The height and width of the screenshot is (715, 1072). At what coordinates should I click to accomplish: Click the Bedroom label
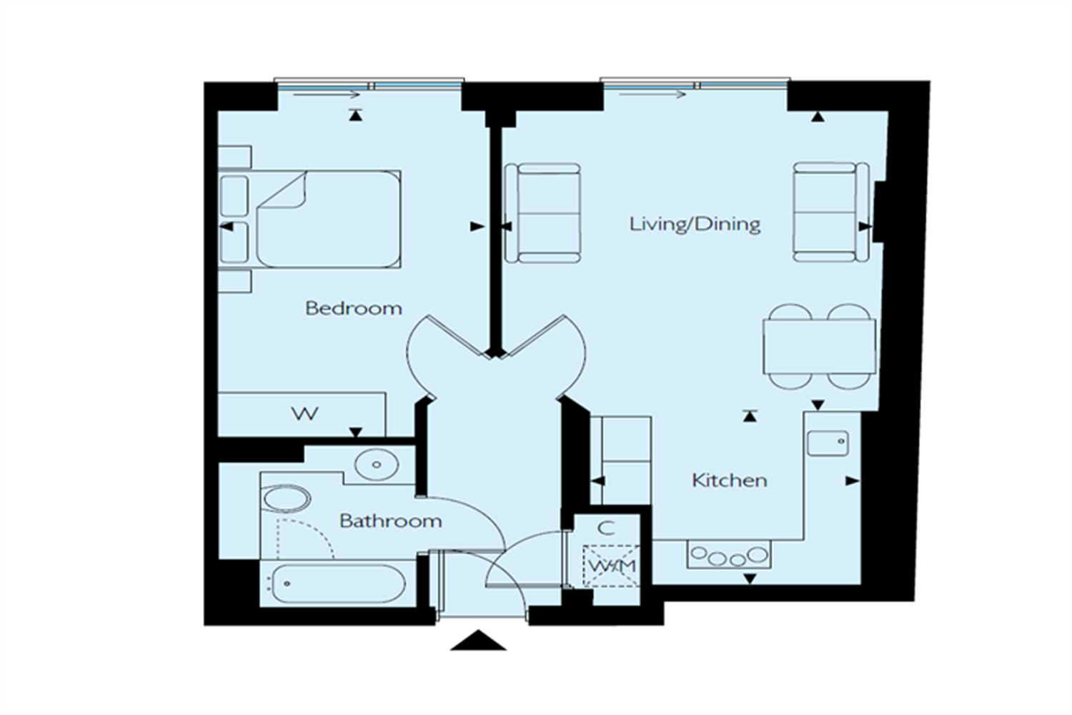tap(353, 308)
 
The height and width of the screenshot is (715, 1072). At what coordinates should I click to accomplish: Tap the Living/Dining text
tap(694, 224)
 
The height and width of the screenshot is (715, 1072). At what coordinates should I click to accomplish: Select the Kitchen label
tap(729, 480)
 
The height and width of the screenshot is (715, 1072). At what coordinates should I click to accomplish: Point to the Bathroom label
tap(390, 521)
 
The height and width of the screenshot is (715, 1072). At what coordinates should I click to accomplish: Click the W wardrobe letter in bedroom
tap(304, 414)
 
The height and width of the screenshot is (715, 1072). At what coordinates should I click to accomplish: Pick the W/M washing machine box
tap(610, 566)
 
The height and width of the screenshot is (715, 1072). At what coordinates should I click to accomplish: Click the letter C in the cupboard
tap(605, 529)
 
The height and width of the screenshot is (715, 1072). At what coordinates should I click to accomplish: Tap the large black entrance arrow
tap(478, 640)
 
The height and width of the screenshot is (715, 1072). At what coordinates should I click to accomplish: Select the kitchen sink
tap(828, 443)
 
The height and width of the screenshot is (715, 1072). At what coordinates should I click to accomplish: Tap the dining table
tap(819, 347)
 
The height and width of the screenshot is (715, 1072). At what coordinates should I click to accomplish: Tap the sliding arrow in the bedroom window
tap(325, 94)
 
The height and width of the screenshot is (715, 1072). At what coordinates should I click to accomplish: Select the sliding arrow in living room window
tap(652, 94)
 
